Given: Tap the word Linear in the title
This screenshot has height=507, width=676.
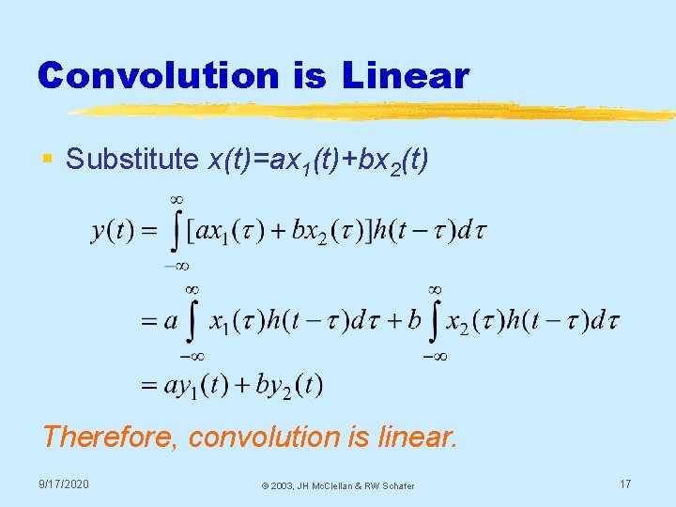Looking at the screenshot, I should (x=406, y=75).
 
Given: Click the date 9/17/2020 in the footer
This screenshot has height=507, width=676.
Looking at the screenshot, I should (x=64, y=484).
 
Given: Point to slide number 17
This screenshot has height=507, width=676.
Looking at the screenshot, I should (x=624, y=484).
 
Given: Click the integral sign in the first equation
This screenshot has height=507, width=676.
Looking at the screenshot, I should (x=175, y=230).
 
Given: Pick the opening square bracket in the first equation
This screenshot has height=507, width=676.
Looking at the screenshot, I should (x=191, y=230).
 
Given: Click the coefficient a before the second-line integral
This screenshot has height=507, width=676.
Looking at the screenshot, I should (x=171, y=322).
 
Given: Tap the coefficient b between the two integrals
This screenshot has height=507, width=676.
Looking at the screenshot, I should (x=414, y=322).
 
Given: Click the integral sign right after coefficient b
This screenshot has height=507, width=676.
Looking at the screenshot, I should (x=435, y=322).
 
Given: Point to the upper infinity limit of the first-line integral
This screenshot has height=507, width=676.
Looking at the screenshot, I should (x=176, y=199).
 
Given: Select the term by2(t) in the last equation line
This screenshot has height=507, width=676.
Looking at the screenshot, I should (x=285, y=384).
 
